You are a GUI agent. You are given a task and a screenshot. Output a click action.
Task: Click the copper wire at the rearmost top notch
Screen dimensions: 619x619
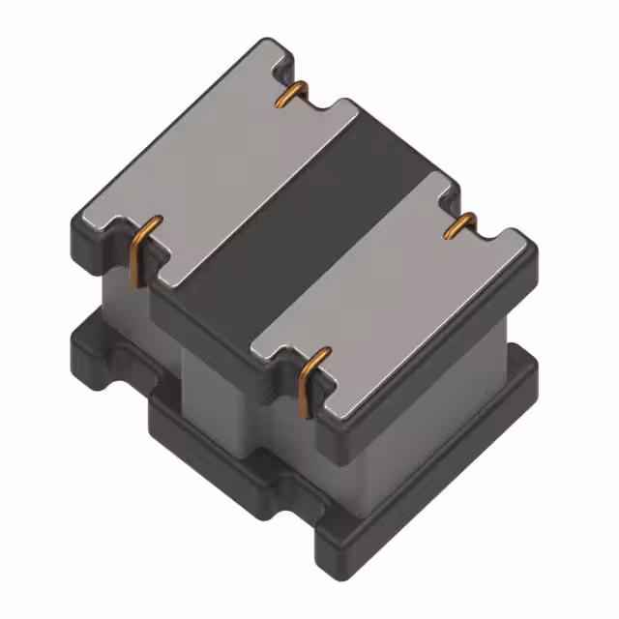click(x=293, y=94)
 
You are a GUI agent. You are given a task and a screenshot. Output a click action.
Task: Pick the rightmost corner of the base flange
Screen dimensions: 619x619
click(x=535, y=372)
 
